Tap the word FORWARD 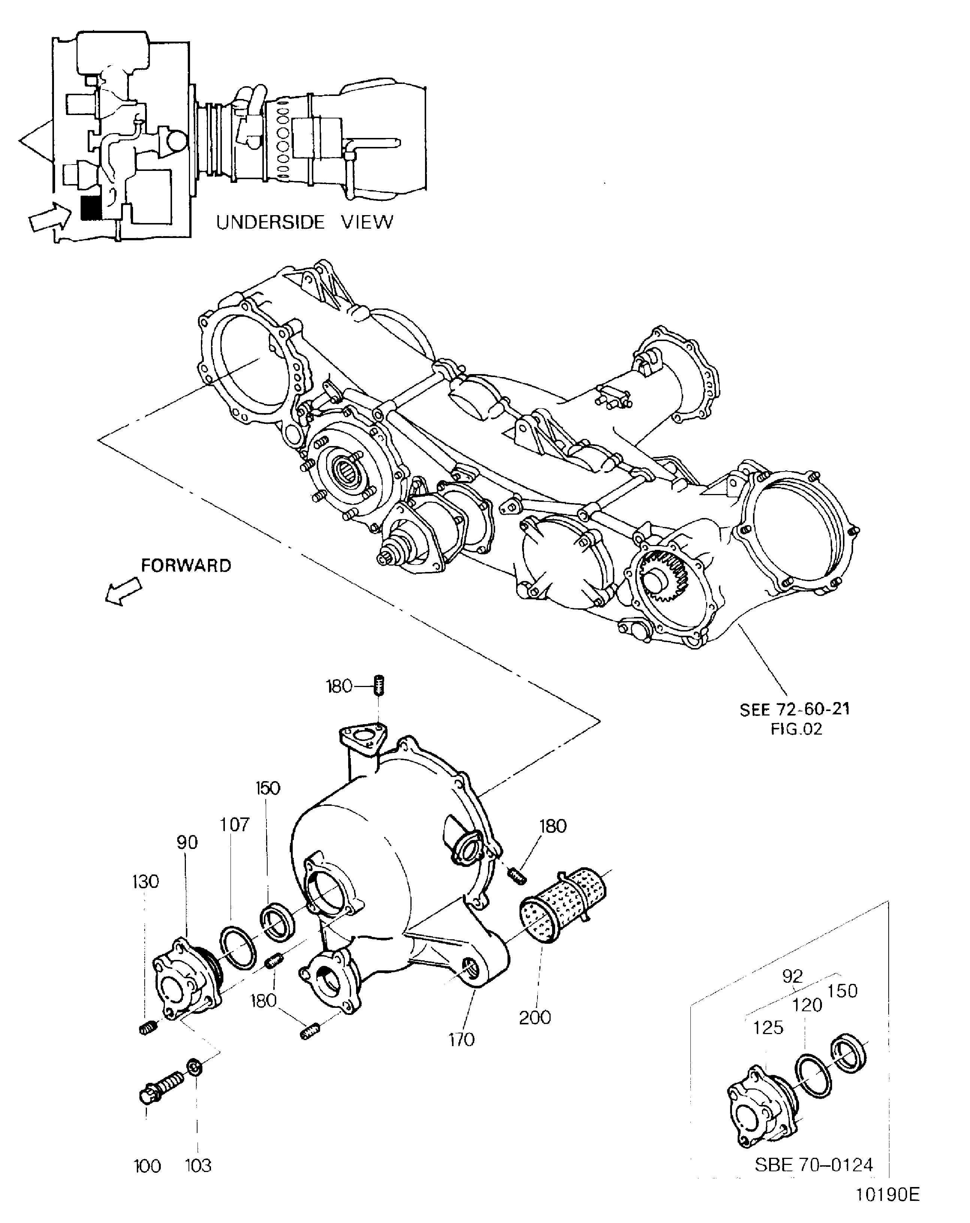(186, 566)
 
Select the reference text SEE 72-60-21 (794, 709)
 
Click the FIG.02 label (796, 729)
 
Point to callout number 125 (768, 1027)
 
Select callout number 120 (807, 1004)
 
